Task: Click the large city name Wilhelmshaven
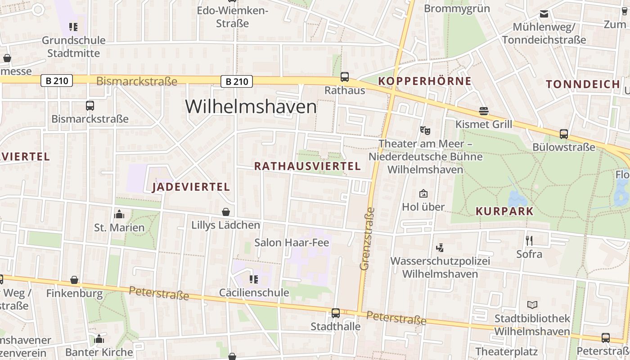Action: coord(251,107)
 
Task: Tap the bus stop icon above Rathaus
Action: coord(345,77)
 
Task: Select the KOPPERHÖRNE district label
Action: coord(425,81)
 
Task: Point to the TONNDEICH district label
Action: coord(583,84)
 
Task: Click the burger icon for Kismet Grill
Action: coord(484,111)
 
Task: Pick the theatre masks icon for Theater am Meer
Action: coord(425,130)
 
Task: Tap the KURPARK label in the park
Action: coord(504,211)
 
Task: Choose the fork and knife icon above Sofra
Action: coord(529,241)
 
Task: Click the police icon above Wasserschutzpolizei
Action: coord(440,247)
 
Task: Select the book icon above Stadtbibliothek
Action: coord(532,305)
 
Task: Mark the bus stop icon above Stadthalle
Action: coord(336,313)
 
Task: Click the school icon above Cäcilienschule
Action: coord(254,279)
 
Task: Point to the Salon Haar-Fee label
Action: coord(292,243)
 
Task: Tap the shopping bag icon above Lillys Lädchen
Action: coord(226,212)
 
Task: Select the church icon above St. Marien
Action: coord(119,214)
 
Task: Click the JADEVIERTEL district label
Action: coord(191,187)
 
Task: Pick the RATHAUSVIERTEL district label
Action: coord(307,166)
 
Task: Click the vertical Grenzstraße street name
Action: coord(367,238)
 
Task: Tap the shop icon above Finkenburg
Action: coord(74,280)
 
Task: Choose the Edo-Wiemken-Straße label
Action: coord(232,17)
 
